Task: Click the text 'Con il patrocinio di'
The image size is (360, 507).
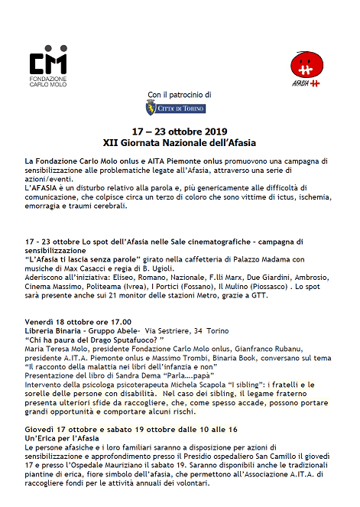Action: (180, 95)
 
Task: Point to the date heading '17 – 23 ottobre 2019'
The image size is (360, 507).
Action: (180, 132)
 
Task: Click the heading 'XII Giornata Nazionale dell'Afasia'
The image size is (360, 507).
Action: (180, 142)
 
